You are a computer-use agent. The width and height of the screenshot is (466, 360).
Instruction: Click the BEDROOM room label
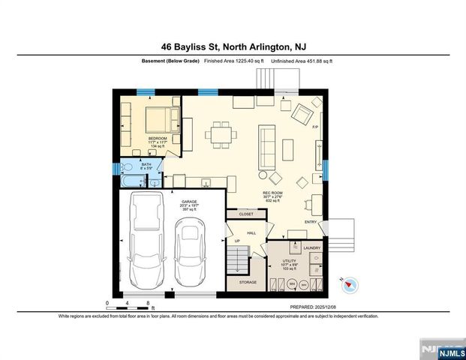pyautogui.click(x=157, y=139)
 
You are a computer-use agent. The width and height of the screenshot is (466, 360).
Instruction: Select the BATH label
pyautogui.click(x=135, y=163)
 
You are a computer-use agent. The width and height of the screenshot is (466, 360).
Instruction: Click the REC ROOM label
pyautogui.click(x=271, y=193)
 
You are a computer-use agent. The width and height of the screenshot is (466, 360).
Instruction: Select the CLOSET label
pyautogui.click(x=246, y=214)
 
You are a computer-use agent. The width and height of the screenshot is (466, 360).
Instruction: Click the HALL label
pyautogui.click(x=252, y=233)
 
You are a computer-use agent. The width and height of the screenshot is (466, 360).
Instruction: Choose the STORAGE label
pyautogui.click(x=248, y=282)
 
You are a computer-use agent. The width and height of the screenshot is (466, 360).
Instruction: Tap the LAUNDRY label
pyautogui.click(x=312, y=247)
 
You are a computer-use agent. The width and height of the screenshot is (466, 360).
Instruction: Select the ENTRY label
pyautogui.click(x=311, y=222)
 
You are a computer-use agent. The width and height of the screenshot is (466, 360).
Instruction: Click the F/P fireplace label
pyautogui.click(x=315, y=128)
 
